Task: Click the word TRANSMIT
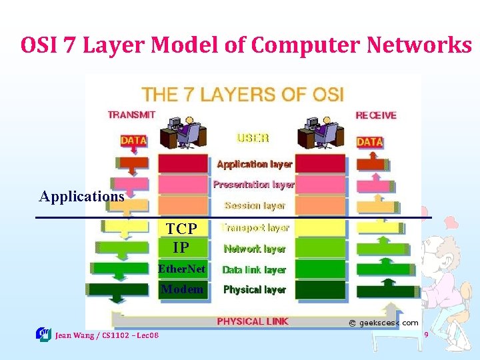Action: click(x=131, y=115)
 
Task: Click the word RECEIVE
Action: click(x=376, y=115)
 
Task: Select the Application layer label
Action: click(x=255, y=164)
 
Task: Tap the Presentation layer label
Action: click(x=254, y=185)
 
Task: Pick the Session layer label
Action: click(x=255, y=206)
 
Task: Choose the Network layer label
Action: click(x=255, y=249)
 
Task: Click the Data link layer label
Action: click(x=254, y=270)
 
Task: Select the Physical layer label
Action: click(x=255, y=290)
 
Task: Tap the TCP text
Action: click(x=181, y=229)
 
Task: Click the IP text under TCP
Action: click(x=181, y=248)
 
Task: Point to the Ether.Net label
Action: click(x=181, y=270)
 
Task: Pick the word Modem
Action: click(x=182, y=289)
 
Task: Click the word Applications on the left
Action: click(x=82, y=197)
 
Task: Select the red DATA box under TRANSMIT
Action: click(x=134, y=141)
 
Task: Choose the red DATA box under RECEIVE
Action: click(x=369, y=142)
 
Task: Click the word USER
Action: click(x=253, y=139)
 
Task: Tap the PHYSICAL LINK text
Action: click(x=253, y=321)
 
